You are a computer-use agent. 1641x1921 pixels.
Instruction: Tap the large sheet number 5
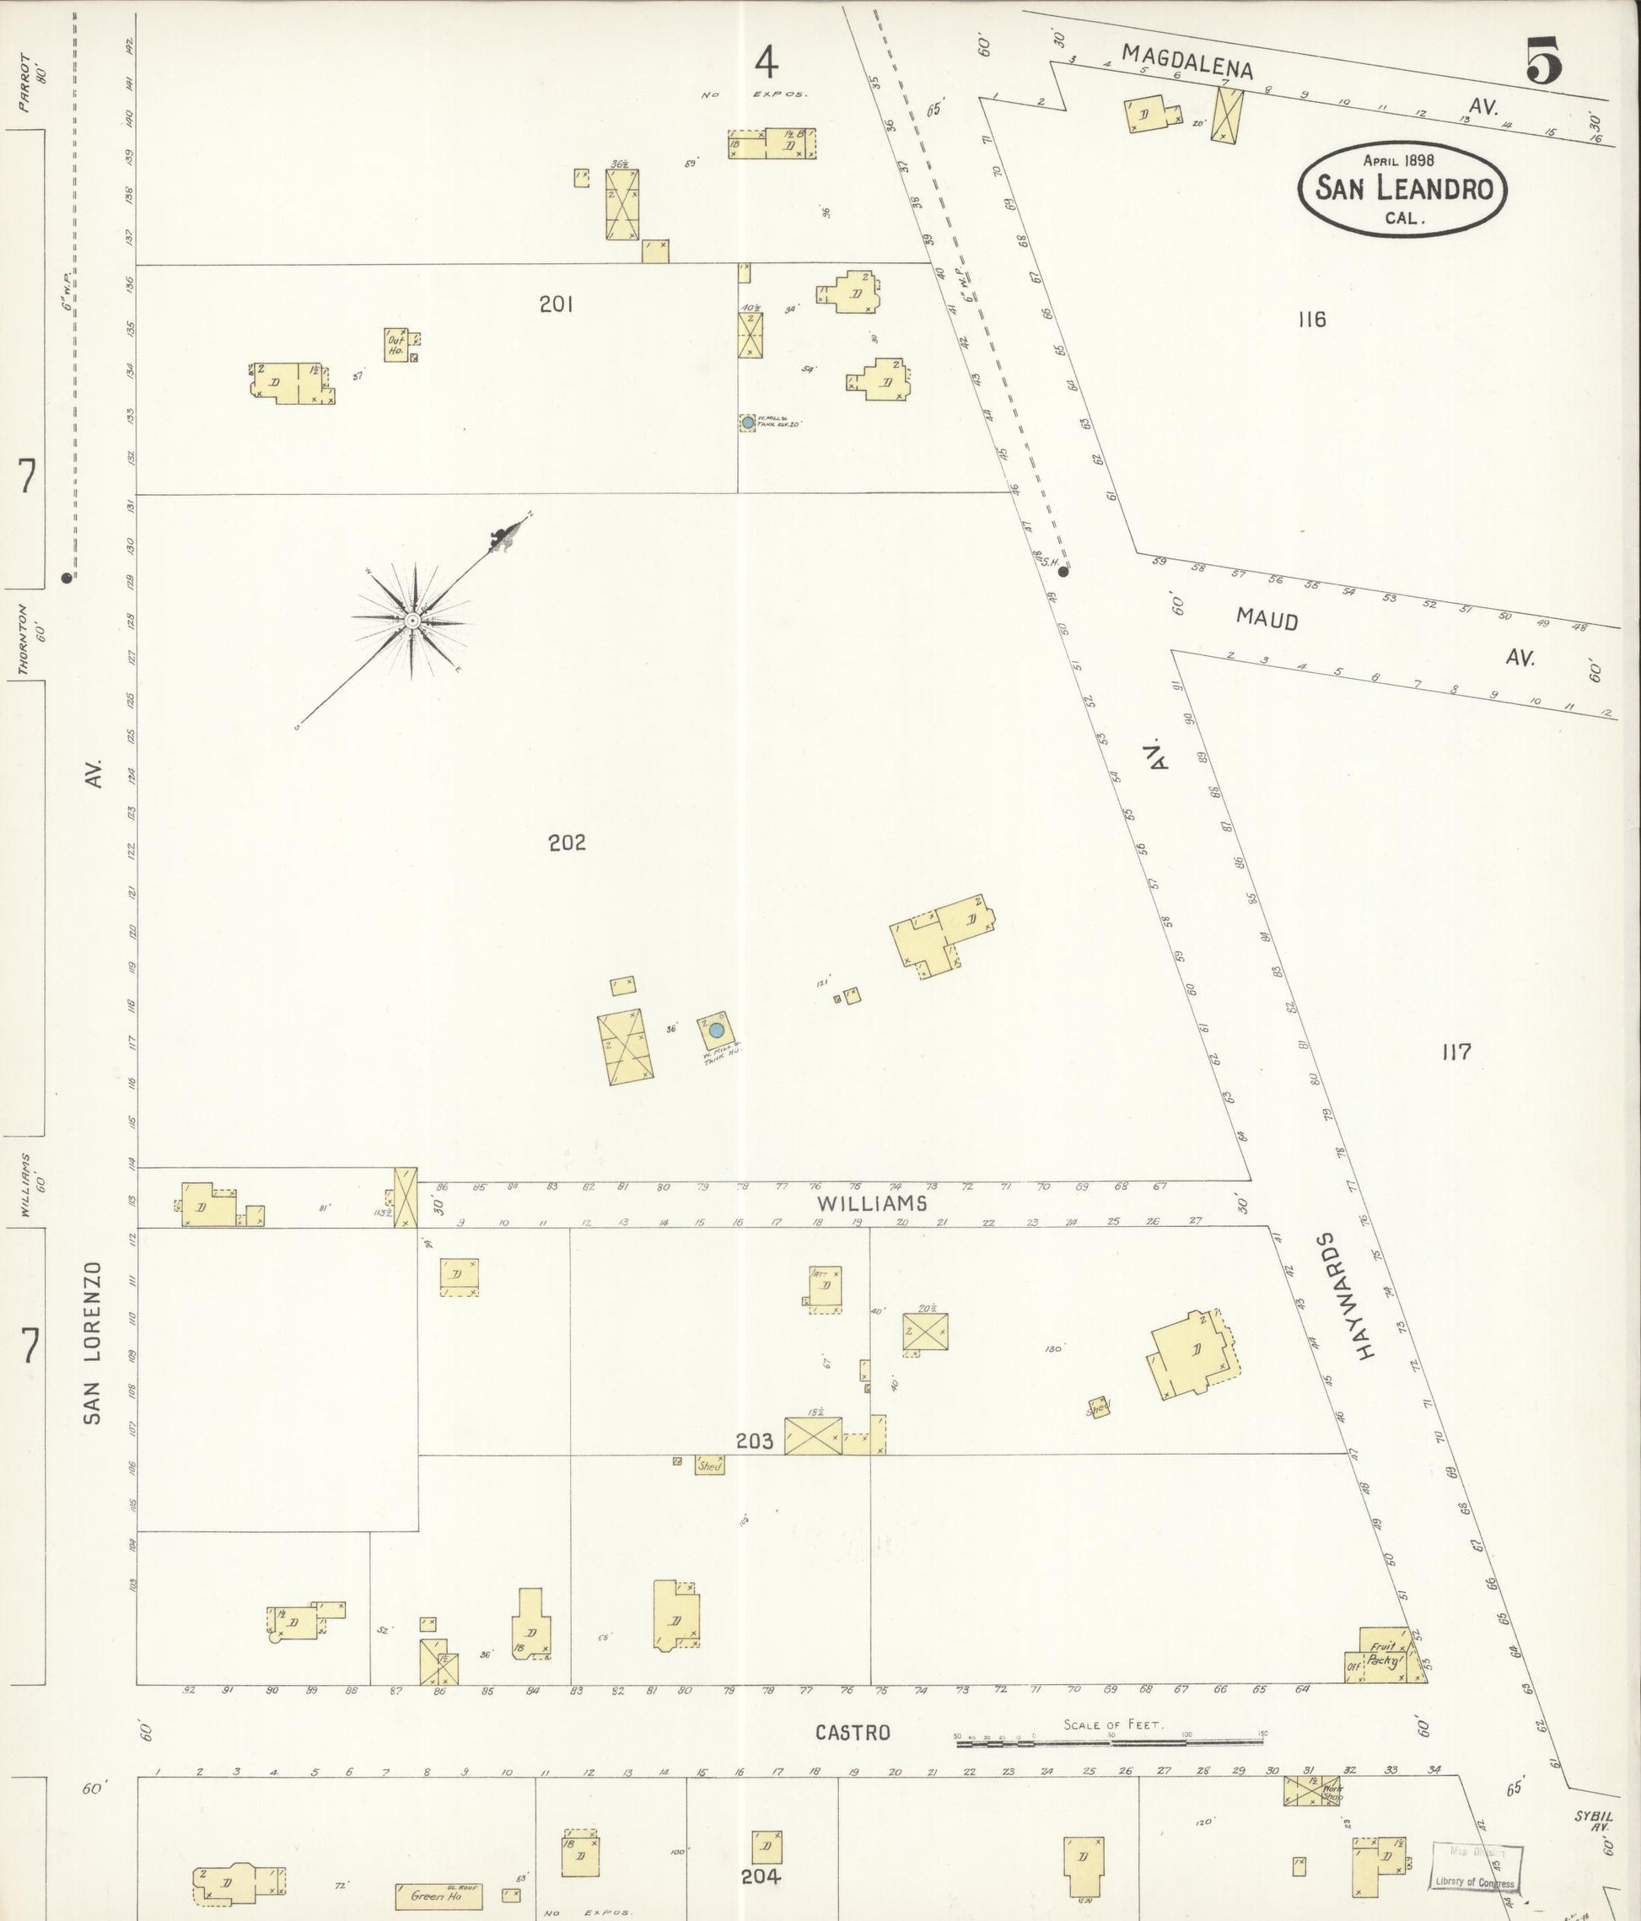coord(1542,62)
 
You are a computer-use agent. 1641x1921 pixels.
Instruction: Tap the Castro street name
coord(853,1732)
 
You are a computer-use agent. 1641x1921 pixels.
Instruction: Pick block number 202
coord(567,842)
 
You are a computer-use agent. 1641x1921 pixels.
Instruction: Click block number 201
coord(557,304)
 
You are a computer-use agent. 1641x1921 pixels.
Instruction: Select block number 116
coord(1312,320)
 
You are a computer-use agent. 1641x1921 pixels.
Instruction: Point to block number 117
coord(1456,1052)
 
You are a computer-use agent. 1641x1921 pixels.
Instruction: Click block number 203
coord(755,1440)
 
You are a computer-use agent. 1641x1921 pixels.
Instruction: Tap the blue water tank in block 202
coord(716,1030)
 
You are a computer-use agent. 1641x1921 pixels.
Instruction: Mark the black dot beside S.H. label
coord(1063,572)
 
